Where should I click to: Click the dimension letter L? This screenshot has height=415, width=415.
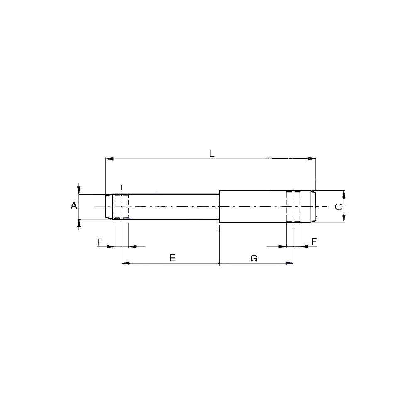pyautogui.click(x=212, y=153)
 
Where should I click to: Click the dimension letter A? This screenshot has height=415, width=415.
pyautogui.click(x=74, y=205)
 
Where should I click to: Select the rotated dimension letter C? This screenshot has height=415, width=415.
pyautogui.click(x=339, y=206)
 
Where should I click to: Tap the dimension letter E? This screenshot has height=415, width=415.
pyautogui.click(x=172, y=258)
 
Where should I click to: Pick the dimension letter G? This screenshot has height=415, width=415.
pyautogui.click(x=254, y=258)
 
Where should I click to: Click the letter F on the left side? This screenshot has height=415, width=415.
pyautogui.click(x=100, y=242)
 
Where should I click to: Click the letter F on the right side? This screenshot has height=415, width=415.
pyautogui.click(x=314, y=242)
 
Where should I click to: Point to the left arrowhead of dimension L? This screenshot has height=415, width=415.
pyautogui.click(x=110, y=159)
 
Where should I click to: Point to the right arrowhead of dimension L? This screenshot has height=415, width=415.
pyautogui.click(x=312, y=159)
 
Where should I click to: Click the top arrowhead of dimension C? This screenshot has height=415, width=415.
pyautogui.click(x=344, y=195)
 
